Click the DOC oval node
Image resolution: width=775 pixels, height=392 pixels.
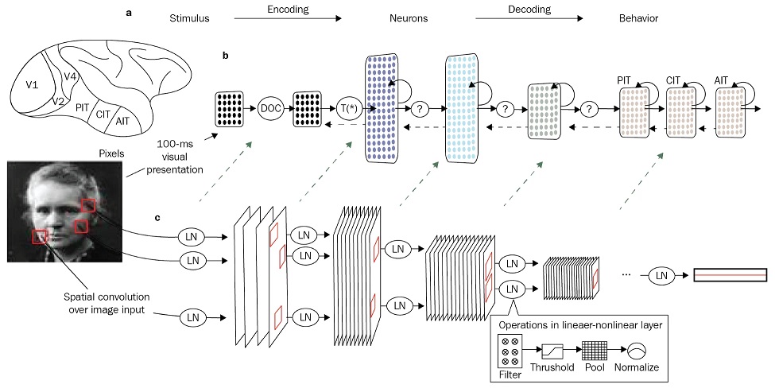(x=272, y=107)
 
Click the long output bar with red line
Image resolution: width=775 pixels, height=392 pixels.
(x=730, y=275)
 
